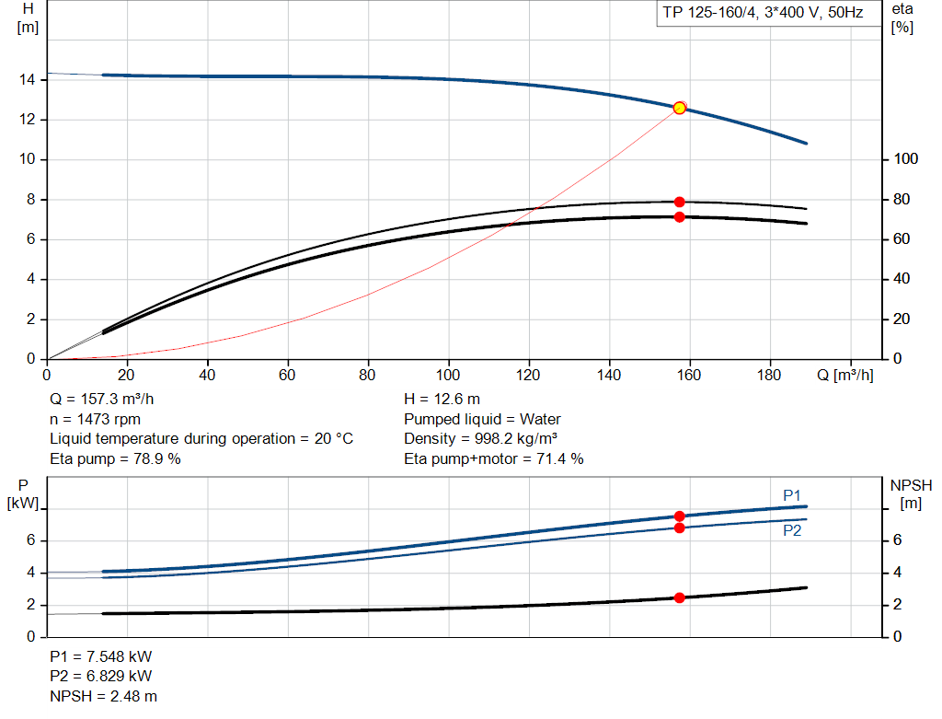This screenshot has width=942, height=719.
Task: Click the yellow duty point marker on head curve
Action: coord(680,109)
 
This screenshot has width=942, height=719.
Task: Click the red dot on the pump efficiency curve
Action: coord(680,202)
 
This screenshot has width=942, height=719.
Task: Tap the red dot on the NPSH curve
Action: coord(680,597)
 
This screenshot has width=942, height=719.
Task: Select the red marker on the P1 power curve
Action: coord(680,516)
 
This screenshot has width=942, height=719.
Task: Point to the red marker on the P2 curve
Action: coord(680,528)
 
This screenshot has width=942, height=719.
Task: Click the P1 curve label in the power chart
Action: coord(792,495)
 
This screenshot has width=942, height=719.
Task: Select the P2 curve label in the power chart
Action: coord(792,530)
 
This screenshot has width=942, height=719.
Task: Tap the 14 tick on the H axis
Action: coord(27,79)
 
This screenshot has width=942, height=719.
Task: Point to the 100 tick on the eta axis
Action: coord(906,158)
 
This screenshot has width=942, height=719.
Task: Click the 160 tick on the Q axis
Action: coord(689,375)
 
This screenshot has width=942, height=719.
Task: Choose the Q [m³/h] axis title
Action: coord(845,375)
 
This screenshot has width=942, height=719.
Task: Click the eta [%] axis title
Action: coord(902,18)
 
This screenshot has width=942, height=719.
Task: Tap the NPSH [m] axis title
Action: coord(911,494)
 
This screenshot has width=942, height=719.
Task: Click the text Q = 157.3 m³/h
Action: coord(101,400)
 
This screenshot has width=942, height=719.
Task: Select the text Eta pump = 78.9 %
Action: coord(115,458)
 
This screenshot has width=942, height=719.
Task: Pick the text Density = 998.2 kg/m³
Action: coord(480,439)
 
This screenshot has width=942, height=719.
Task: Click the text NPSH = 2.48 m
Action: coord(103,696)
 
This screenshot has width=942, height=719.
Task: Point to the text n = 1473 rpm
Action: coord(95,419)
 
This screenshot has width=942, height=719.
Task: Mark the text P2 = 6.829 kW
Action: coord(101,676)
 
